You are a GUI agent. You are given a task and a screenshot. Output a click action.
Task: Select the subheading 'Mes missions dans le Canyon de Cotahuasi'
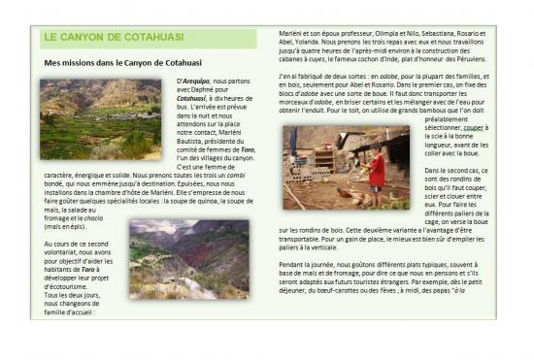click(x=123, y=62)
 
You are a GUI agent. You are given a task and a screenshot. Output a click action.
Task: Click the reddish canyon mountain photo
click(x=188, y=258)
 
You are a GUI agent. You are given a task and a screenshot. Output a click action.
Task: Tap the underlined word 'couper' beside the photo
click(x=476, y=127)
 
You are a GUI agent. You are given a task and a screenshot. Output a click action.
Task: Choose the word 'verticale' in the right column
click(x=346, y=247)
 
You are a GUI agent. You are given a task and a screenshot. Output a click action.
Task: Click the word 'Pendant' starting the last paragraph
click(x=292, y=265)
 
